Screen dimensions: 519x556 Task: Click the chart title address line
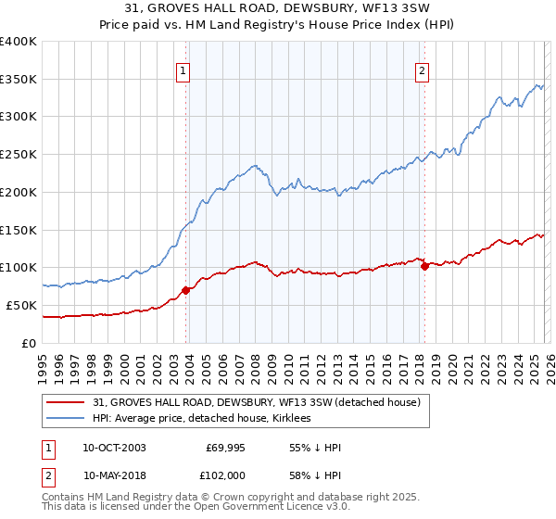point(278,8)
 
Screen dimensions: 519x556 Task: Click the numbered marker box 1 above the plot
point(183,70)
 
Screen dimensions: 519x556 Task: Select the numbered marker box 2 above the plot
point(422,70)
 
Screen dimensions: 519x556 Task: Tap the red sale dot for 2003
point(186,290)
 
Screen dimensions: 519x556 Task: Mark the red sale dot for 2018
point(425,266)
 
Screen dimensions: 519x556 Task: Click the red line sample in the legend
point(67,402)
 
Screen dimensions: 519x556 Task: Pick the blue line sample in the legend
point(67,418)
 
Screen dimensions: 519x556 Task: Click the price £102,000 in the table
point(222,474)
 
